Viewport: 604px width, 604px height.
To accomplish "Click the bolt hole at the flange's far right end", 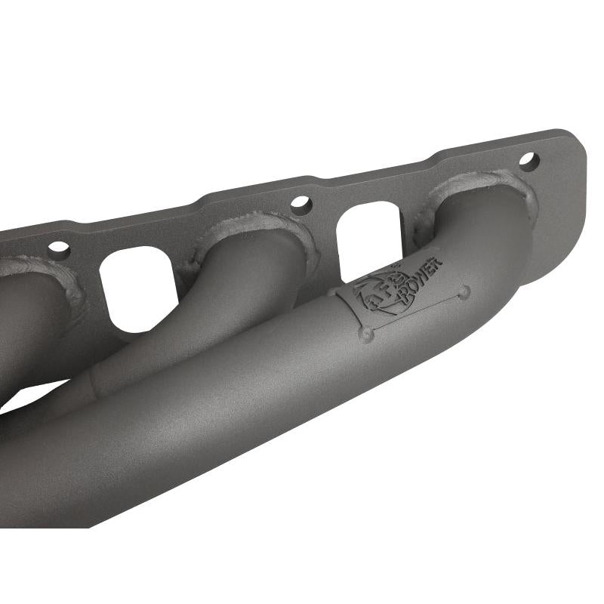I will pos(528,161).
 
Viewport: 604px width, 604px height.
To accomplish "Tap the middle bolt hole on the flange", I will pos(300,205).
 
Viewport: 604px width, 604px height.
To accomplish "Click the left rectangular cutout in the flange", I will pos(138,288).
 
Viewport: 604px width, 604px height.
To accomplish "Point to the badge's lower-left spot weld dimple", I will pos(366,333).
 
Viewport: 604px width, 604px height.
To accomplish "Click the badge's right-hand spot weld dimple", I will pos(464,291).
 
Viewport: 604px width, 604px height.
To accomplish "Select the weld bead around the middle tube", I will pos(257,222).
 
